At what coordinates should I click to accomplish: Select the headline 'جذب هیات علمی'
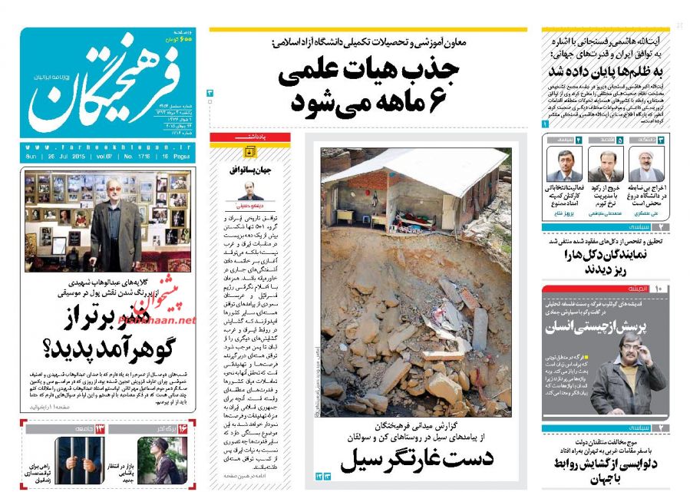(368, 71)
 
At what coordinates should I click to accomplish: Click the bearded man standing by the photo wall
(115, 223)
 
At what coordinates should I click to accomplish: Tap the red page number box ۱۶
(182, 428)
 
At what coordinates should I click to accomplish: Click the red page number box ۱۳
(100, 428)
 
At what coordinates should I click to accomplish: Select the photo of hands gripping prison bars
(75, 458)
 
